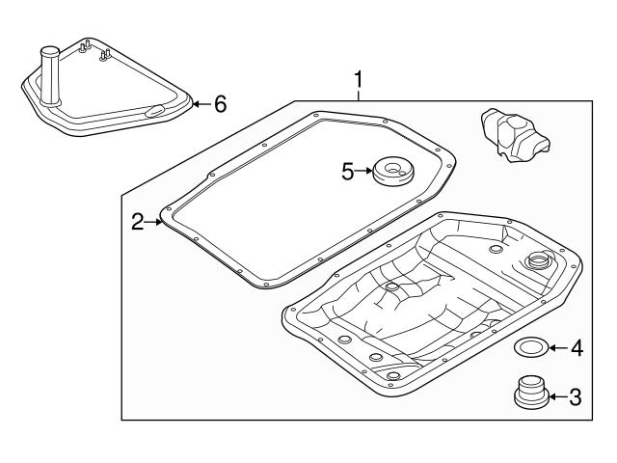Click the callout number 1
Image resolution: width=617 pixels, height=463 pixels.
[x=359, y=77]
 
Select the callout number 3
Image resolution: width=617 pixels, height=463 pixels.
[x=575, y=395]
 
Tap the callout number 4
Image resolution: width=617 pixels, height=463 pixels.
[x=577, y=347]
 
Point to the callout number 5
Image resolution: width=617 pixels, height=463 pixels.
[x=348, y=172]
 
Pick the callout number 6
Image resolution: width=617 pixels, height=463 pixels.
[x=220, y=103]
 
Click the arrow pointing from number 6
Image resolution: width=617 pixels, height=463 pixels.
[x=200, y=103]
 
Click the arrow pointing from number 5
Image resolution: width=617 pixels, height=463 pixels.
[x=367, y=172]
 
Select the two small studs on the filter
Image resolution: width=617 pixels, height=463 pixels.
[x=94, y=47]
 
